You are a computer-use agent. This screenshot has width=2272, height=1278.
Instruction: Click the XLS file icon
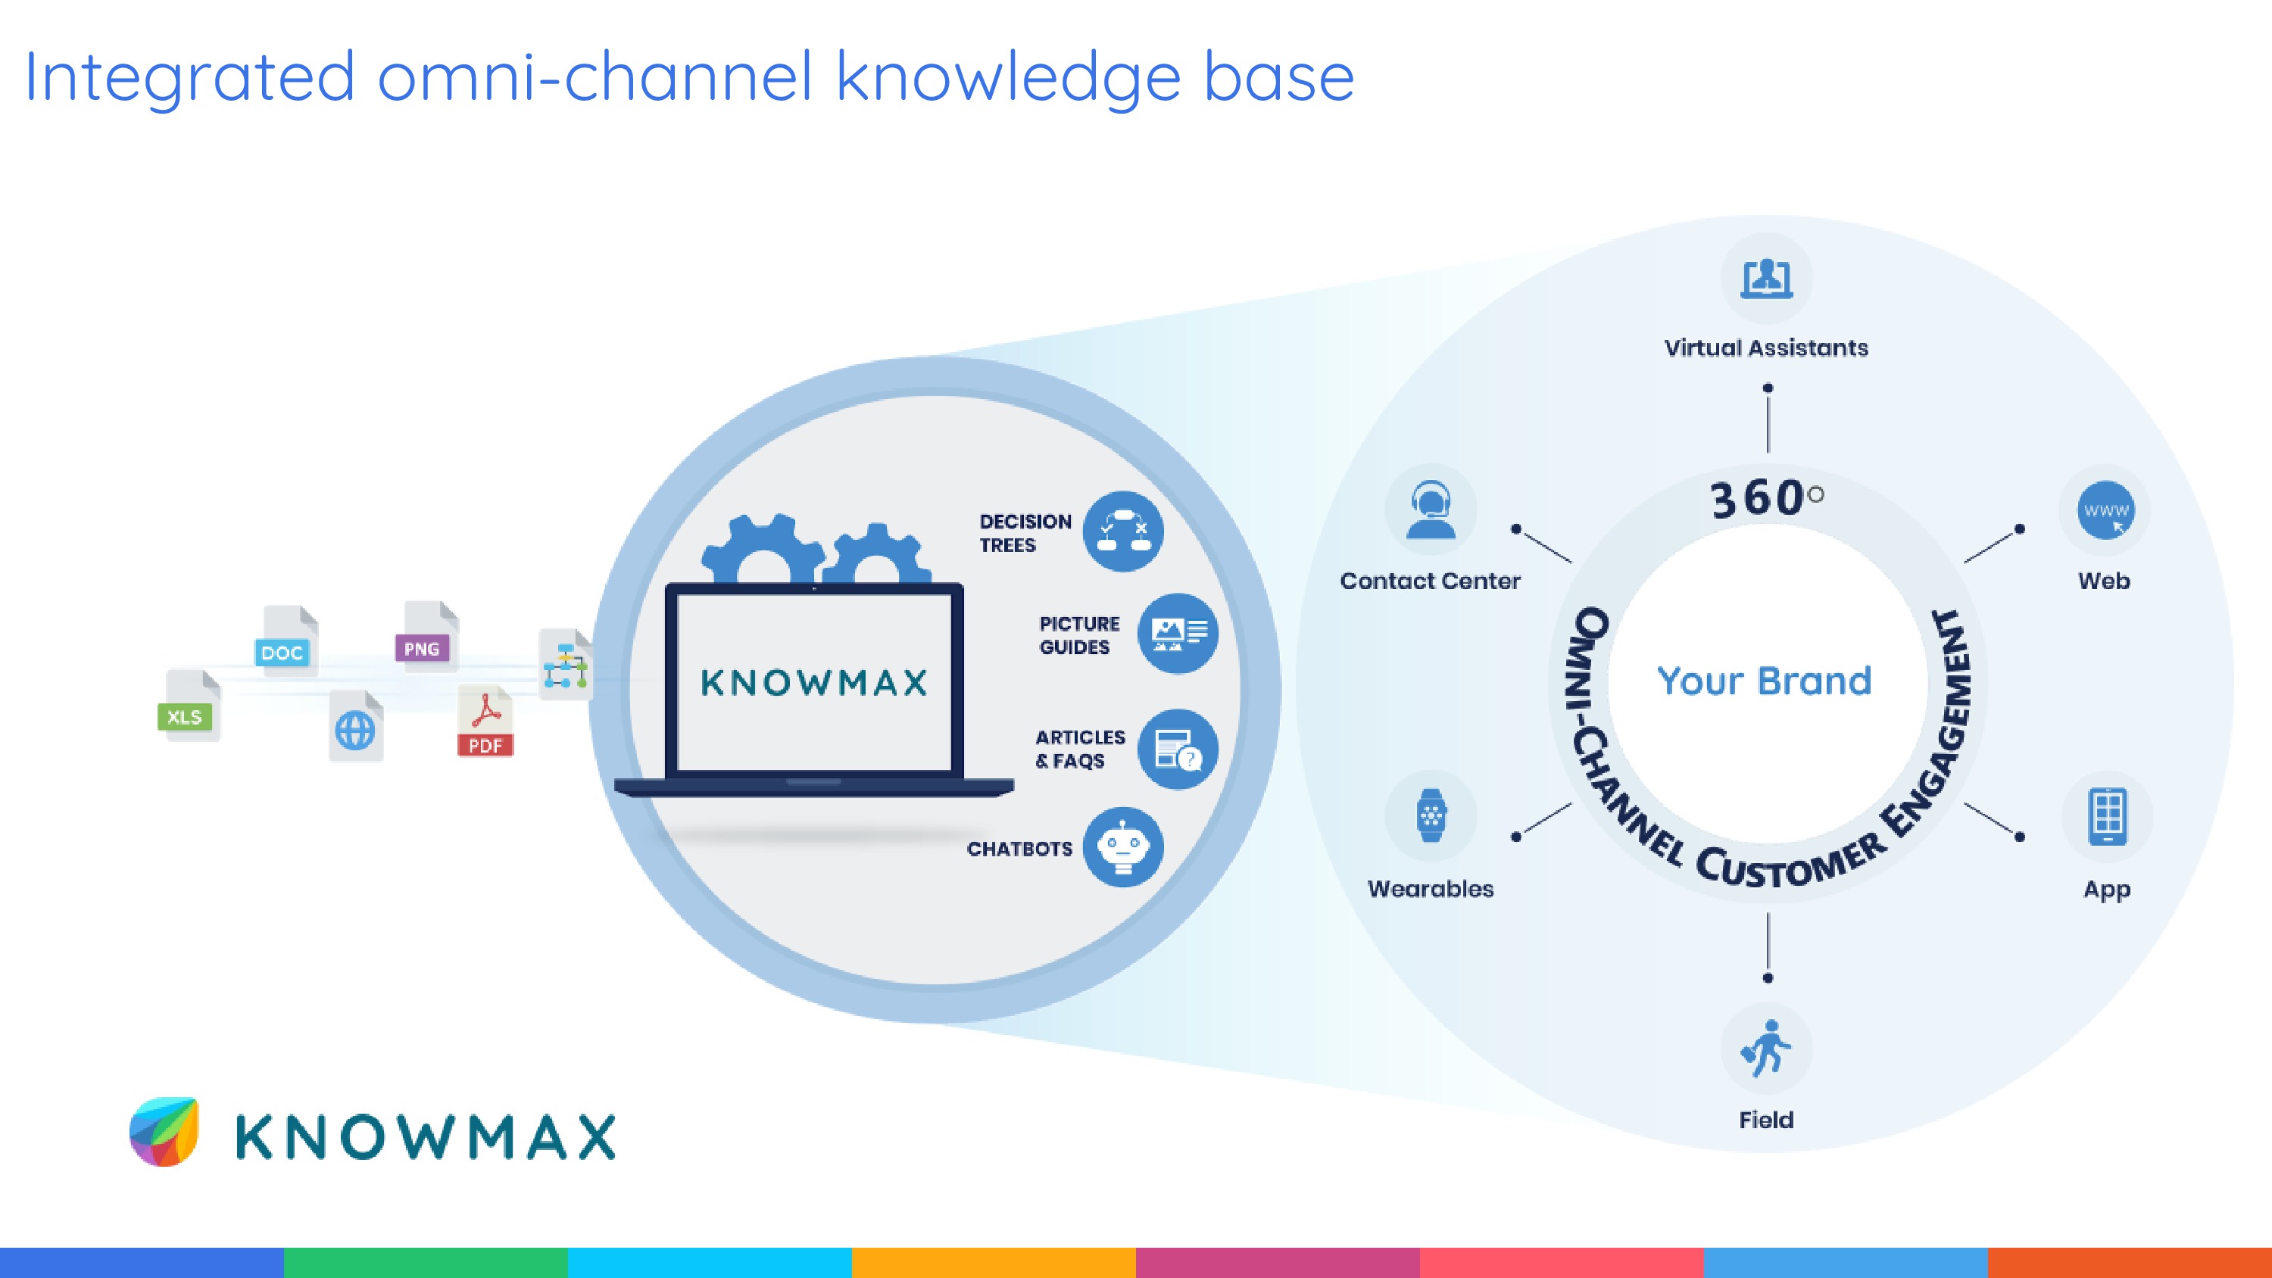pos(188,706)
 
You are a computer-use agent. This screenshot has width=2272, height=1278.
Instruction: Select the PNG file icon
pos(426,636)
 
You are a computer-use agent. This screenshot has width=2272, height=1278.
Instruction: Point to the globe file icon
pos(355,727)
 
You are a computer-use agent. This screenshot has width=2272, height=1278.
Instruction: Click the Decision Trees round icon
pos(1123,531)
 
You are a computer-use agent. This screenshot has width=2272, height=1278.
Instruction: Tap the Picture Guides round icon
pos(1178,633)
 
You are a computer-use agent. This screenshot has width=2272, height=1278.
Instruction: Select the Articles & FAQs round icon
pos(1178,749)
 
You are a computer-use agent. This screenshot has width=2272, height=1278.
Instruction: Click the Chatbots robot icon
pos(1123,846)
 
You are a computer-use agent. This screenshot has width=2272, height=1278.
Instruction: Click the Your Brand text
pos(1764,681)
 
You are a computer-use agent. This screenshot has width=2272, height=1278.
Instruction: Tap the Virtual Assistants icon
pos(1767,279)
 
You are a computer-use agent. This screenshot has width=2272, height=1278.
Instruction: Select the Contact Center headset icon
pos(1430,510)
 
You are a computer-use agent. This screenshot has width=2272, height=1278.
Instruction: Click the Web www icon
pos(2105,510)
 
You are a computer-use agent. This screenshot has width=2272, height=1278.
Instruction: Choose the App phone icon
pos(2107,817)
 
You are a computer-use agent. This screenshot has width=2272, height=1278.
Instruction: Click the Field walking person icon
pos(1766,1049)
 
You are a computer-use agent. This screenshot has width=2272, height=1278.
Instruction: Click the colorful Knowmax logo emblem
pos(165,1132)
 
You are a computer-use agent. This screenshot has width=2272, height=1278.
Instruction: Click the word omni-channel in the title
pos(595,78)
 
